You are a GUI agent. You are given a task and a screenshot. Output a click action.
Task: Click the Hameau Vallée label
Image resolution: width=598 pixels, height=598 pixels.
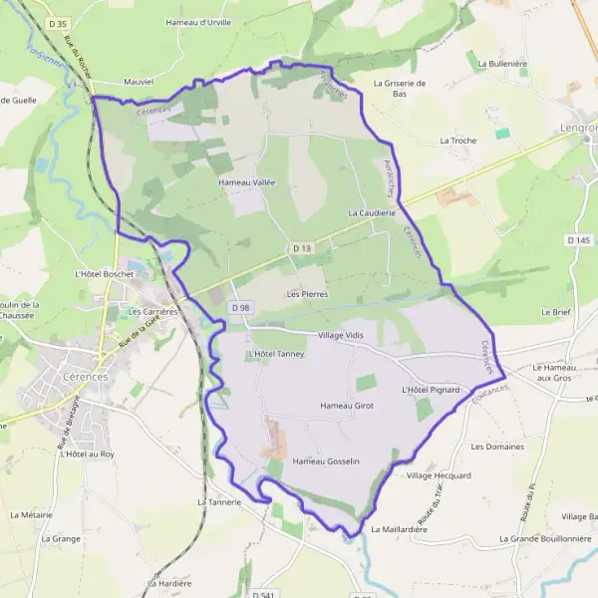[246, 183]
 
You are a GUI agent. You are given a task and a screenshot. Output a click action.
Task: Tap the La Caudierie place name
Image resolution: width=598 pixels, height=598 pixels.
[373, 213]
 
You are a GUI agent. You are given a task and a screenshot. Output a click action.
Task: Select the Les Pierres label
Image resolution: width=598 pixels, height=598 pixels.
[307, 294]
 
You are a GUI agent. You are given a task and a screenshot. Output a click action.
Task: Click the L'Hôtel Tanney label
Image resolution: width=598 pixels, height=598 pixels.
[275, 354]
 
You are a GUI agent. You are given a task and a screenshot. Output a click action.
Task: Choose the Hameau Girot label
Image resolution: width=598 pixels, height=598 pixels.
[347, 406]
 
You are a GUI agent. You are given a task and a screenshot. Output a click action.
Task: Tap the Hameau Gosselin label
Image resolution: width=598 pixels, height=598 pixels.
[326, 460]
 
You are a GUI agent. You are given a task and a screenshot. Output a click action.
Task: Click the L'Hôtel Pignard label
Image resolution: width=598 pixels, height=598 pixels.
[431, 390]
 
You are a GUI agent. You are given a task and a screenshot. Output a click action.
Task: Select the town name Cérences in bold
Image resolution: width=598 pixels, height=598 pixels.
[96, 365]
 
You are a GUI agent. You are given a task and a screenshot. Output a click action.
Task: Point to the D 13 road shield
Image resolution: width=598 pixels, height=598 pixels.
[303, 247]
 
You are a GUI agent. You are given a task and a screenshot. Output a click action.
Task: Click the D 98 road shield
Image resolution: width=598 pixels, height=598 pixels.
[240, 308]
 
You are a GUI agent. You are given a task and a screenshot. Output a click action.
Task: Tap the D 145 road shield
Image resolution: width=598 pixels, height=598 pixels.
[579, 240]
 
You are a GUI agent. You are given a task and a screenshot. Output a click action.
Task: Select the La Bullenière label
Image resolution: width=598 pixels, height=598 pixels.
[502, 63]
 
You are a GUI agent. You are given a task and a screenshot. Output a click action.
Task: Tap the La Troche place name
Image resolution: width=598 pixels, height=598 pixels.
[458, 141]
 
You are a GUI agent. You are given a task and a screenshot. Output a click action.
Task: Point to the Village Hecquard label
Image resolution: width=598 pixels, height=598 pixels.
[439, 476]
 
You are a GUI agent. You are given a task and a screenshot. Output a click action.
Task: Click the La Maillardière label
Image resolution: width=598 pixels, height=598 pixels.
[399, 529]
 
